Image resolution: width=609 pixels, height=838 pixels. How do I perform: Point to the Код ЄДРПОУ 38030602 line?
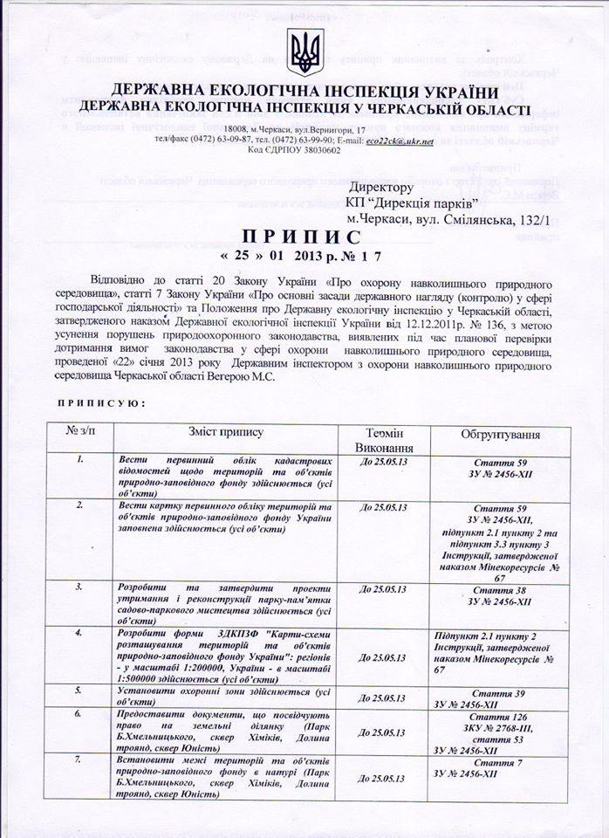click(295, 150)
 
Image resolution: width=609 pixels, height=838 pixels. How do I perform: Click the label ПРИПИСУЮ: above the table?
click(95, 403)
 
